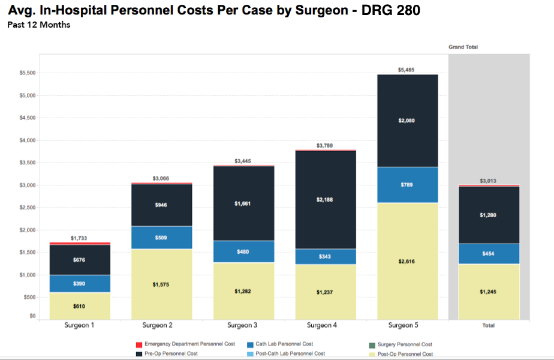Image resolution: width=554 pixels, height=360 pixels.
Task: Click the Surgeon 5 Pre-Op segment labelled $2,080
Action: coord(407,121)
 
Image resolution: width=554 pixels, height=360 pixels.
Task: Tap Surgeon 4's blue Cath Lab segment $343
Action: coord(325,257)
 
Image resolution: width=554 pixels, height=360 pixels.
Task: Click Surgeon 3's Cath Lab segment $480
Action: coord(243,251)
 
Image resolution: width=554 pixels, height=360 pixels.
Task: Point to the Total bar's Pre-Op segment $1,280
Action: coord(489,215)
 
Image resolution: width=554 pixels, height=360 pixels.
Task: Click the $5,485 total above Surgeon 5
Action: coord(407,70)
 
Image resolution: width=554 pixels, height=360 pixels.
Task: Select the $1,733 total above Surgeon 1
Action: coord(80,238)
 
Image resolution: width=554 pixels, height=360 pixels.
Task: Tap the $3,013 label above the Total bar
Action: coord(489,181)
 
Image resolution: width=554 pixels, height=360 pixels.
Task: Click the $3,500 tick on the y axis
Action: coord(27,163)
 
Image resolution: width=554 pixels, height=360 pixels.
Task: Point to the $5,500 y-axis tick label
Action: coord(27,73)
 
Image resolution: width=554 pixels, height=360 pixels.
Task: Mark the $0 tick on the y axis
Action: coord(32,316)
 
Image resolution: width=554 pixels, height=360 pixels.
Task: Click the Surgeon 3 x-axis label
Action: coord(242,325)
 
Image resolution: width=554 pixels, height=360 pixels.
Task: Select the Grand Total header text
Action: coord(463,47)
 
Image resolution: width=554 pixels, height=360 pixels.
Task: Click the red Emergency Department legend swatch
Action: coord(140,344)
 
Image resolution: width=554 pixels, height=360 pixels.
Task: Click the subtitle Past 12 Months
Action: coord(39,25)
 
